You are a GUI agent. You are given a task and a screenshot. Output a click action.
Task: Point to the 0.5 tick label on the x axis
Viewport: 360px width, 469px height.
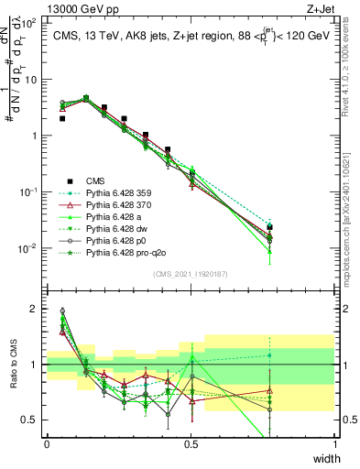point(191,443)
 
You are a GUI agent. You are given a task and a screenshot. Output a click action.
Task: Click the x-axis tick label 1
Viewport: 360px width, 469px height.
point(334,443)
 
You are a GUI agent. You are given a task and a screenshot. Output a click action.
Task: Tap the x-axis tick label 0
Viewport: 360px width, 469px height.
point(47,443)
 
